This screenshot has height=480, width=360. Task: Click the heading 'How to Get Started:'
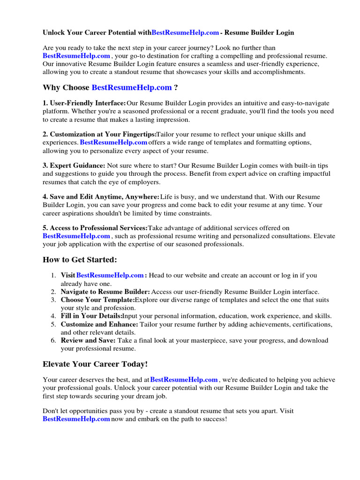coord(80,260)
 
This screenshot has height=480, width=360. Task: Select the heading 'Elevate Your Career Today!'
coord(95,364)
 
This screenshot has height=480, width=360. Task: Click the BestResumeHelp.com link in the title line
coord(185,33)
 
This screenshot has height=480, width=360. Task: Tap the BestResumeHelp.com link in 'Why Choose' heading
coord(132,88)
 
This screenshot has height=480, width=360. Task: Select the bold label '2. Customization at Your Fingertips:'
coord(99,135)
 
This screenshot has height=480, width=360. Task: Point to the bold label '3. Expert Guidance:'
coord(74,166)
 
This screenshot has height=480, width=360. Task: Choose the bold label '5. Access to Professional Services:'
coord(95,228)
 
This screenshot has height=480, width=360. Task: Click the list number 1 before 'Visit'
coord(54,276)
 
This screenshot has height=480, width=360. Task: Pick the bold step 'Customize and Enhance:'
coord(99,324)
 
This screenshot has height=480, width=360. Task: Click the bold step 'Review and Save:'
coord(88,340)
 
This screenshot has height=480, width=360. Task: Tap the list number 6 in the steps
coord(54,340)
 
